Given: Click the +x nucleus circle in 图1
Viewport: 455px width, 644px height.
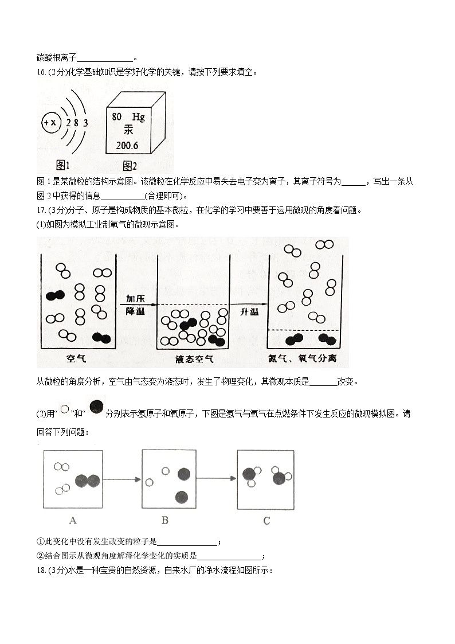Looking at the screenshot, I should pyautogui.click(x=51, y=123).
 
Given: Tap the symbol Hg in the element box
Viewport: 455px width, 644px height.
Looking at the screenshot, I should pyautogui.click(x=138, y=116).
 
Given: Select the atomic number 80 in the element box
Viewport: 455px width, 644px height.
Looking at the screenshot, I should pyautogui.click(x=117, y=116).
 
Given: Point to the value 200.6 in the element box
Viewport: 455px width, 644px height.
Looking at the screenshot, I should pyautogui.click(x=127, y=146).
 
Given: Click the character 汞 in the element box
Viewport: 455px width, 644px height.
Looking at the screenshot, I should pyautogui.click(x=128, y=131).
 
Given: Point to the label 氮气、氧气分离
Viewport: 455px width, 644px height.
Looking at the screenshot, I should pyautogui.click(x=306, y=359).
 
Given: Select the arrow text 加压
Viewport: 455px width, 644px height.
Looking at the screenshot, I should pyautogui.click(x=136, y=299).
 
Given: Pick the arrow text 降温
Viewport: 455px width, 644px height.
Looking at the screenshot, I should pyautogui.click(x=136, y=311).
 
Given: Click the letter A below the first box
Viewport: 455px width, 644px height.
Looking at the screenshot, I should pyautogui.click(x=73, y=521).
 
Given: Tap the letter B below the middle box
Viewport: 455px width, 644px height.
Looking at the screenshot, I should pyautogui.click(x=165, y=521).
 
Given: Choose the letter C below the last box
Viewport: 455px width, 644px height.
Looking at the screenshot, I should pyautogui.click(x=266, y=521).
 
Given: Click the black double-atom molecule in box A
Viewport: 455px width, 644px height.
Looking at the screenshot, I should pyautogui.click(x=87, y=481).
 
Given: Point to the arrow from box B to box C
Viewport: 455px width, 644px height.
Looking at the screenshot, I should pyautogui.click(x=217, y=478).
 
